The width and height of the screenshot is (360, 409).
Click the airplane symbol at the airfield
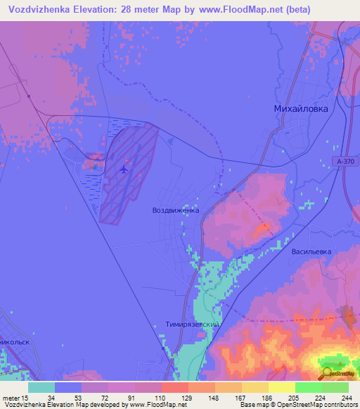point(124,169)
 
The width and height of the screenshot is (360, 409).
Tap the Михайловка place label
point(300,109)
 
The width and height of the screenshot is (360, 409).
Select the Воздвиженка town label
point(176,210)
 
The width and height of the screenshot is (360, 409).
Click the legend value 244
point(347,397)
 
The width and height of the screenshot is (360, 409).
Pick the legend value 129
point(186,397)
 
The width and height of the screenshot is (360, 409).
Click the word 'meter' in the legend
point(13,397)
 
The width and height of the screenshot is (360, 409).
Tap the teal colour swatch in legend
point(41,387)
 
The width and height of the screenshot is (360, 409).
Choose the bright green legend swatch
point(308,387)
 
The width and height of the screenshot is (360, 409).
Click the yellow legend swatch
point(281,387)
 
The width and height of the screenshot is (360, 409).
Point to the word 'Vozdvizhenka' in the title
point(41,8)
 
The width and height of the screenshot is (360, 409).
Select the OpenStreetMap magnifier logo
point(327,373)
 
